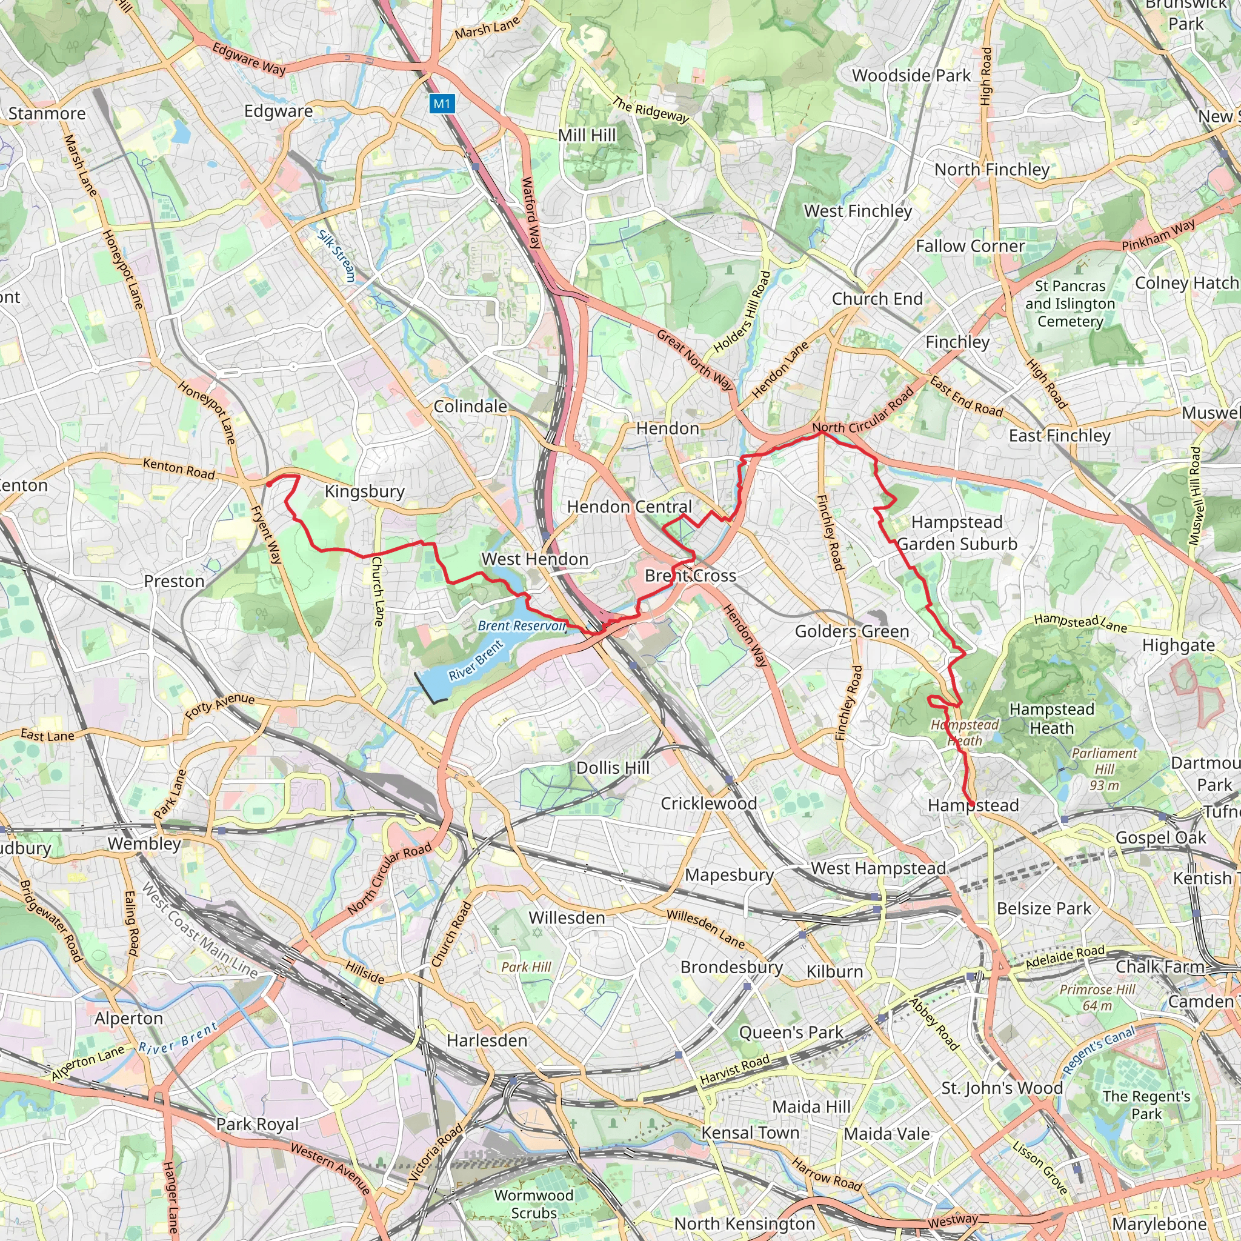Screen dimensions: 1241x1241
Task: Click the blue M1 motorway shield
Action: click(x=442, y=104)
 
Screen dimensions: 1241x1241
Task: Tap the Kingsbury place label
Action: click(x=364, y=491)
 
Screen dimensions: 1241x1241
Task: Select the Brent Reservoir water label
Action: click(x=521, y=625)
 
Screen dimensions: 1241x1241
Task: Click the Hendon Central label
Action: click(x=629, y=507)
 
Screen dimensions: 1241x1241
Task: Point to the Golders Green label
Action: click(x=852, y=631)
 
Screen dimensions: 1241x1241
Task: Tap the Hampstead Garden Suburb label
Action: click(x=956, y=533)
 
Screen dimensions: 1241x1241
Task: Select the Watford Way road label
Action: click(x=531, y=213)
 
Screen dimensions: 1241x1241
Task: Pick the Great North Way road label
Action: click(x=694, y=361)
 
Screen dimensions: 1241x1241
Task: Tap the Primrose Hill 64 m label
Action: click(x=1097, y=997)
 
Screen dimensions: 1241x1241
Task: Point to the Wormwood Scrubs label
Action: click(x=534, y=1204)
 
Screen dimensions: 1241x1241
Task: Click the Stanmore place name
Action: click(x=47, y=114)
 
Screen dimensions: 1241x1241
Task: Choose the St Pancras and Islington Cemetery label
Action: click(x=1070, y=303)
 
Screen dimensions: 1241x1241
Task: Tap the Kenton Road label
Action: click(x=179, y=468)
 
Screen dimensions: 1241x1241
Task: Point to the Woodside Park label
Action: click(x=911, y=75)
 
